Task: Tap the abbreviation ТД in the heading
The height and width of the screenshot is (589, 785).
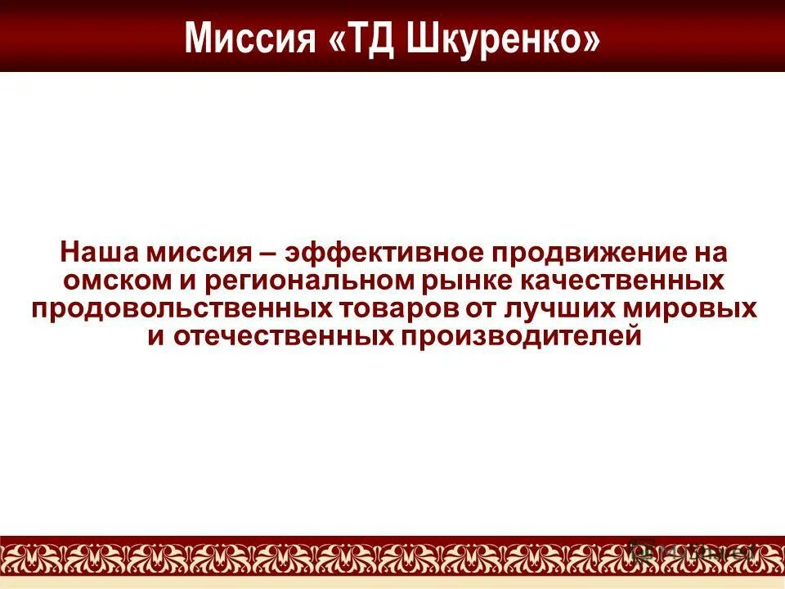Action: [366, 38]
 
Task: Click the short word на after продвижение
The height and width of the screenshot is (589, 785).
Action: [704, 252]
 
